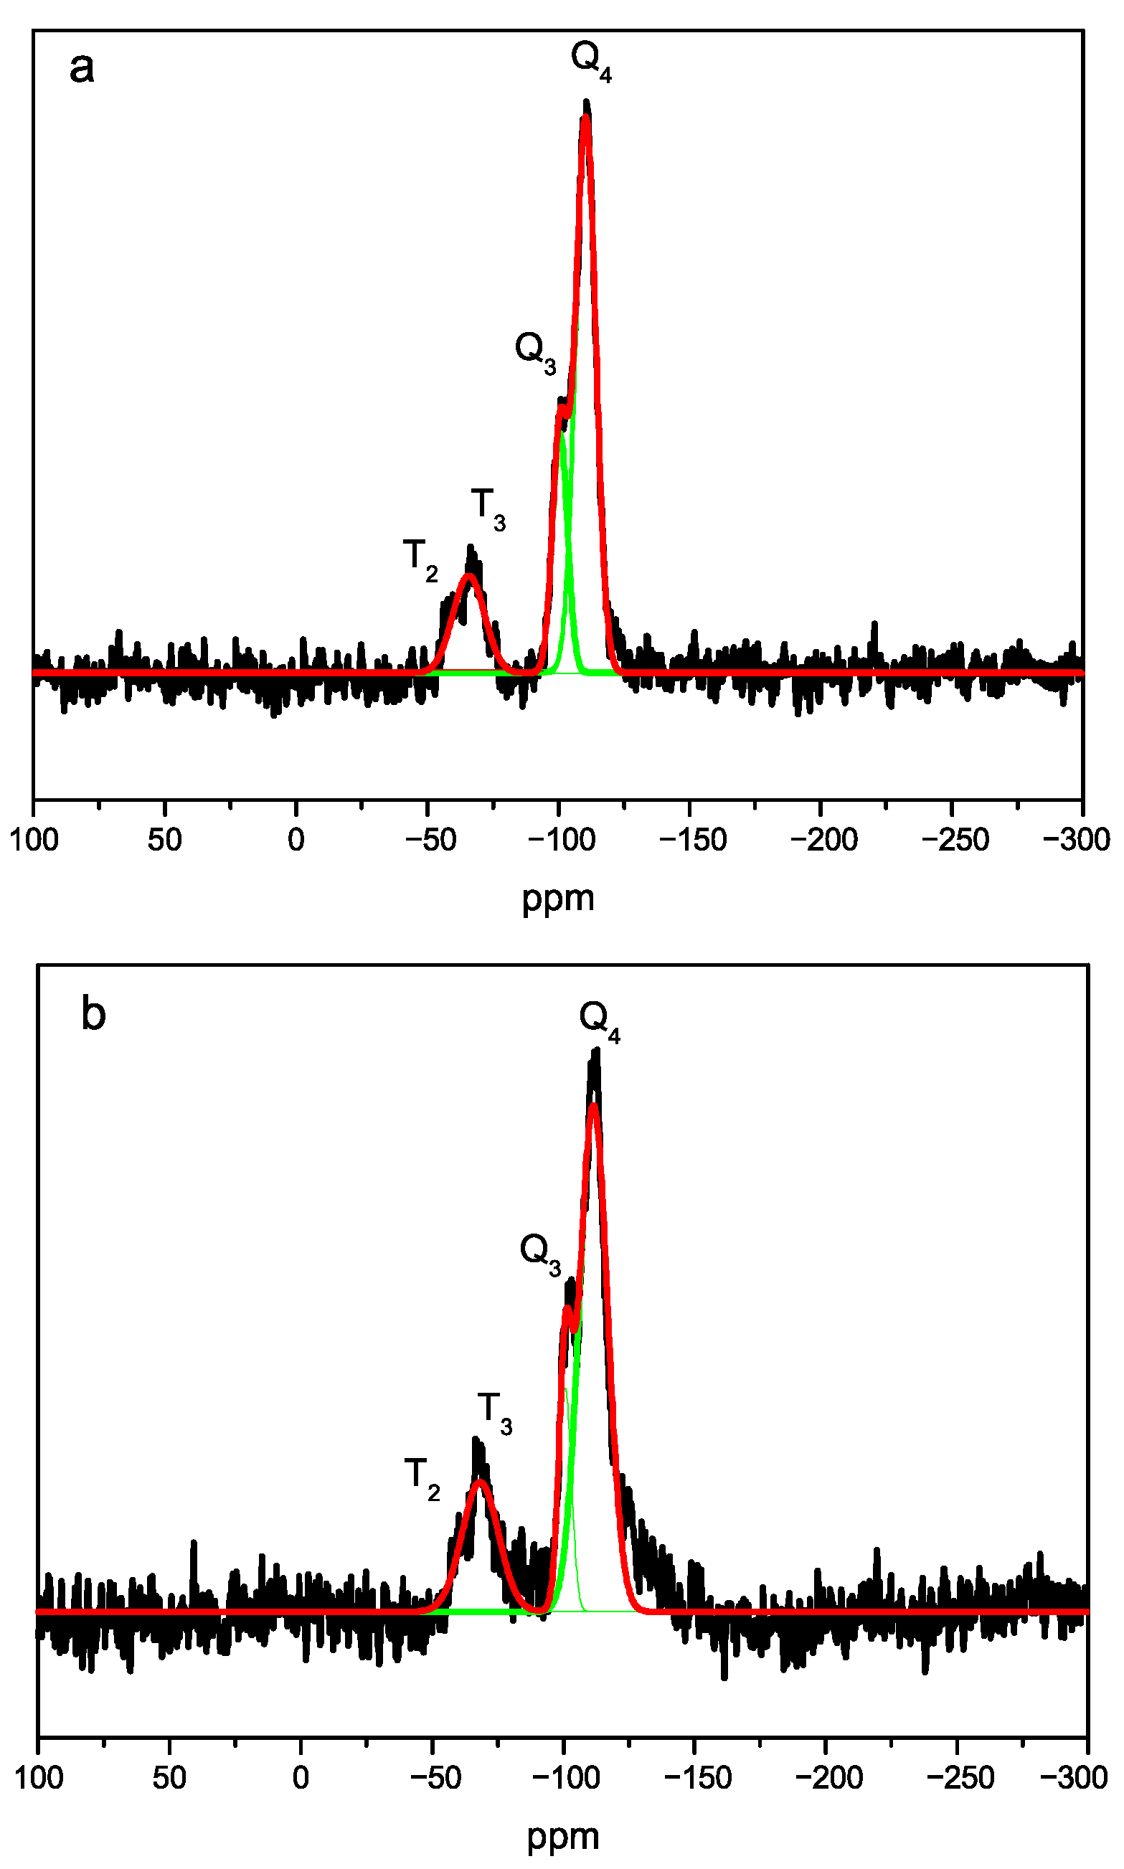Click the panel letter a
pyautogui.click(x=82, y=68)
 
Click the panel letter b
pyautogui.click(x=93, y=1014)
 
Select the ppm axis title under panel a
pyautogui.click(x=558, y=899)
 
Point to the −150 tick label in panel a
pyautogui.click(x=692, y=840)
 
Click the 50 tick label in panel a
pyautogui.click(x=164, y=840)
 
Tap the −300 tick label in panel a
pyautogui.click(x=1075, y=840)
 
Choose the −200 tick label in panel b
pyautogui.click(x=828, y=1777)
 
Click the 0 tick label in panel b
pyautogui.click(x=301, y=1777)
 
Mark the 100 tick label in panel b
pyautogui.click(x=39, y=1777)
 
